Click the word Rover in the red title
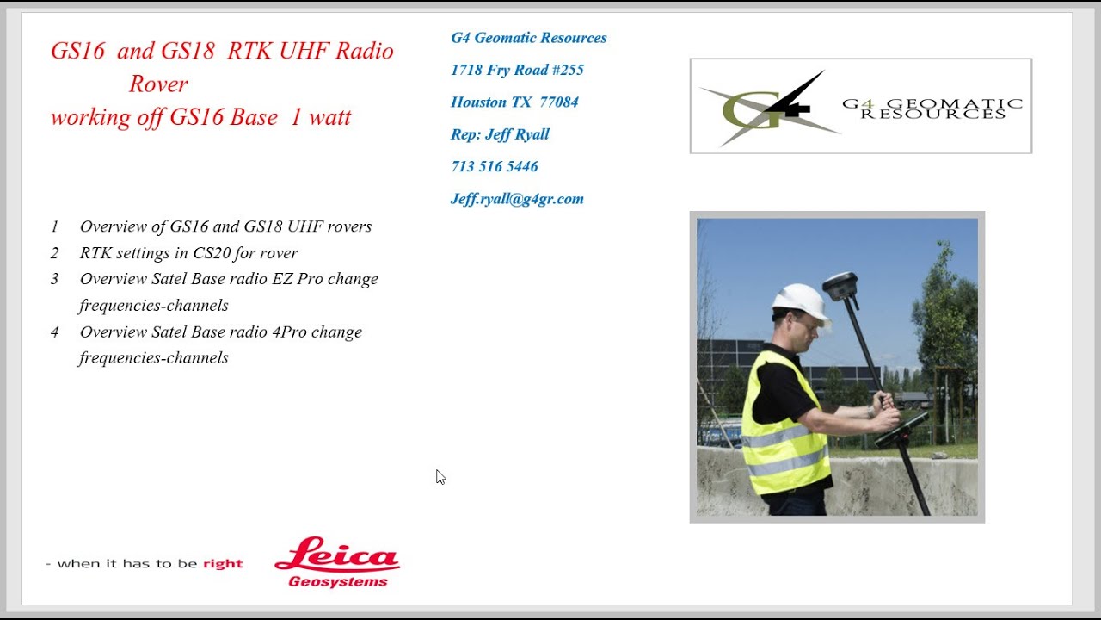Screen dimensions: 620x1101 pyautogui.click(x=158, y=84)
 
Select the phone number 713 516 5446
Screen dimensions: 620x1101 pyautogui.click(x=495, y=166)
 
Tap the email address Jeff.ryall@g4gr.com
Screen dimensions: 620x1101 pyautogui.click(x=517, y=199)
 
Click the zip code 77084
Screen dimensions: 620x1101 pyautogui.click(x=559, y=102)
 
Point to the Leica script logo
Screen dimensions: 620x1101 pyautogui.click(x=336, y=555)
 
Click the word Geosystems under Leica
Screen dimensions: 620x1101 pyautogui.click(x=338, y=582)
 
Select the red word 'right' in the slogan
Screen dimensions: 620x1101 pyautogui.click(x=223, y=564)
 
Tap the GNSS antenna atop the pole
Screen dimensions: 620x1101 pyautogui.click(x=841, y=285)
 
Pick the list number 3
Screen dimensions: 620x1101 pyautogui.click(x=55, y=279)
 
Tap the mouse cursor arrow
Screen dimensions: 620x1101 pyautogui.click(x=440, y=476)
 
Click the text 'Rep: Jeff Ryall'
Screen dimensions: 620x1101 pyautogui.click(x=500, y=134)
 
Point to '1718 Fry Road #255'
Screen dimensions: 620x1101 pyautogui.click(x=517, y=70)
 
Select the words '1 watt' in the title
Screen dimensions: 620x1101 pyautogui.click(x=320, y=117)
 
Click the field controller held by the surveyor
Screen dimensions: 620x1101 pyautogui.click(x=901, y=428)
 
